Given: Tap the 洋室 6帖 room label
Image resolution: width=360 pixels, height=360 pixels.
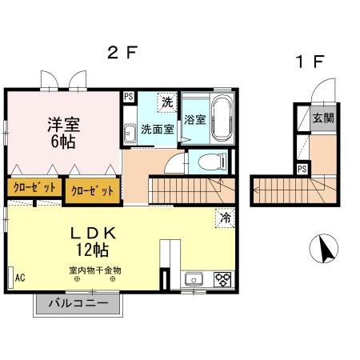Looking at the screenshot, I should click(62, 132).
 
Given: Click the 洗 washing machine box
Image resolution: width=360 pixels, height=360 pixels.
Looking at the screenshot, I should click(166, 102).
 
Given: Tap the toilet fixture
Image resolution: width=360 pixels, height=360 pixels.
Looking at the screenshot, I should click(208, 162).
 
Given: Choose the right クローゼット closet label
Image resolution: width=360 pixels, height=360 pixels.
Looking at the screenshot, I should click(94, 190).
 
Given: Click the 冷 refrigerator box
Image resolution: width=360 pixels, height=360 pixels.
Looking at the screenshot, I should click(226, 217).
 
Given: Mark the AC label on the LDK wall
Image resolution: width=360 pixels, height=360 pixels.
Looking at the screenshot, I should click(20, 278).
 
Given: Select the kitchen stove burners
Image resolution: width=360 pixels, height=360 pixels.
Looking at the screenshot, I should click(222, 280).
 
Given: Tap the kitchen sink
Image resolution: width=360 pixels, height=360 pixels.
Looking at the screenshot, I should click(193, 280).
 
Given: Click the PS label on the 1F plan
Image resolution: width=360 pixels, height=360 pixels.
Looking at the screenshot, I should click(302, 170).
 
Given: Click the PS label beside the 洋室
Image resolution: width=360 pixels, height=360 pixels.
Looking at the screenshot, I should click(129, 97).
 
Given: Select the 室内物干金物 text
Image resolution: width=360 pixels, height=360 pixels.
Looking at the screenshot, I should click(94, 270).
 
